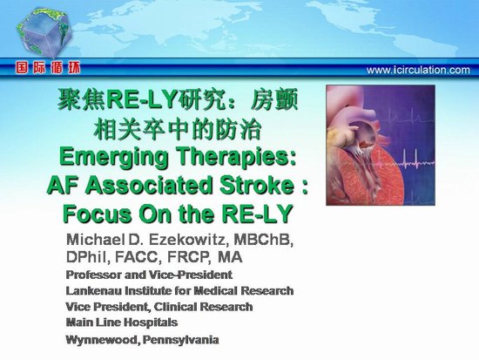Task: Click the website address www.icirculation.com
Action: tap(418, 70)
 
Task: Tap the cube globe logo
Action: tap(45, 32)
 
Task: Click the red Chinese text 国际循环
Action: tap(48, 68)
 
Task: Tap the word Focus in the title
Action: tap(98, 214)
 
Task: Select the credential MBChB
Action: tap(263, 240)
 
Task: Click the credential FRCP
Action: tap(189, 257)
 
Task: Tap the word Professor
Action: tap(94, 275)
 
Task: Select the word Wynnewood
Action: tap(103, 340)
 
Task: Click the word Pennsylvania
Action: tap(180, 340)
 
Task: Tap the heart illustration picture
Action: tap(381, 146)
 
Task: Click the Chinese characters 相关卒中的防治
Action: tap(177, 130)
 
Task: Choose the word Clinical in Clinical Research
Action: tap(176, 307)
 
